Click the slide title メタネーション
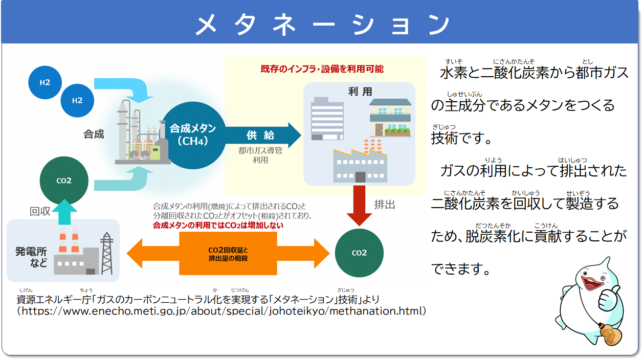pos(321,24)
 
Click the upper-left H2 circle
pos(45,82)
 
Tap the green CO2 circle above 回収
pos(64,181)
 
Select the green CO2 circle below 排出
pos(359,253)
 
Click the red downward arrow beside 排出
pos(359,205)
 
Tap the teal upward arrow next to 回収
pos(64,212)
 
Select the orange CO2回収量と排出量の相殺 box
pos(228,254)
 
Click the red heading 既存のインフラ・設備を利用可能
pos(322,69)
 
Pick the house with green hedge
pos(390,118)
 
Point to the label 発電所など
pos(31,257)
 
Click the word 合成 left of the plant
pos(94,134)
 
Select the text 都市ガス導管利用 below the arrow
pos(260,155)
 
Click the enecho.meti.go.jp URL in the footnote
pos(222,311)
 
